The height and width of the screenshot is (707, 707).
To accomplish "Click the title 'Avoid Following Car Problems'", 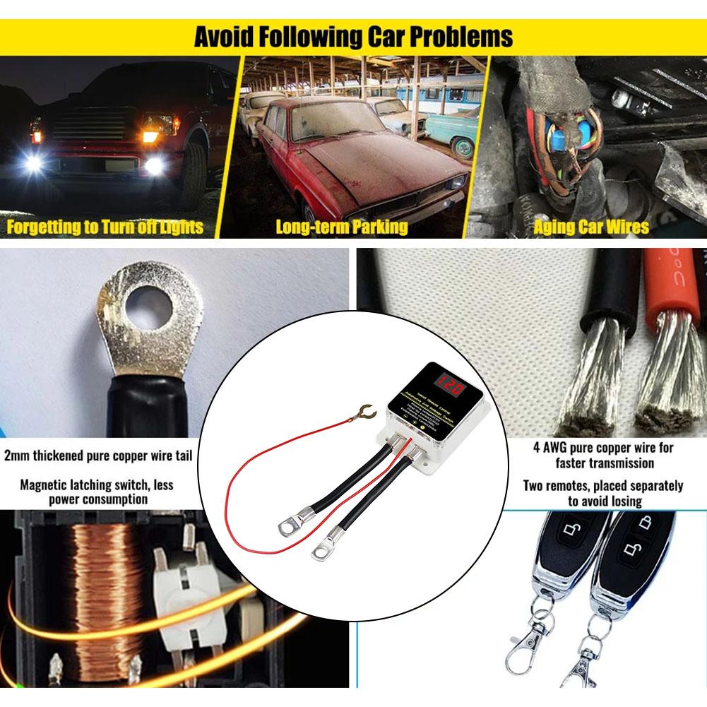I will tap(353, 37).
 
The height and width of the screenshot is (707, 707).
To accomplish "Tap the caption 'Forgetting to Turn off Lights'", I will tap(105, 227).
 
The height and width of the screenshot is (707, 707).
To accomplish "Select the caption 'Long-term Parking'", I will tap(341, 227).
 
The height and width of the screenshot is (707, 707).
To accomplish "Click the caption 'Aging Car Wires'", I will tap(591, 227).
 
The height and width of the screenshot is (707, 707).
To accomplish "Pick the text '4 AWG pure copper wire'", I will tap(604, 448).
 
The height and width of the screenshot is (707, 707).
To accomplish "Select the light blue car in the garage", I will tap(452, 131).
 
